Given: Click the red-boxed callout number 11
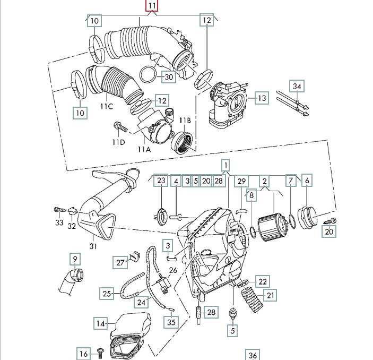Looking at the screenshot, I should point(152,7).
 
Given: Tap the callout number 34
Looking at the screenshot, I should point(297,86).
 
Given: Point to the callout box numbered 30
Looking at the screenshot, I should point(168,77).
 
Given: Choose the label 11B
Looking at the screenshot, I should point(184,120).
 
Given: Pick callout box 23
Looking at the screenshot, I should point(161,181).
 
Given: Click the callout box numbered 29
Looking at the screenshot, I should point(242,181).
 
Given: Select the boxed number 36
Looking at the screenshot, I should point(252,355).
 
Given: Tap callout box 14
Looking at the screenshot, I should point(101,322).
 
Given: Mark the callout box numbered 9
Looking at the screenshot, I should point(75,260).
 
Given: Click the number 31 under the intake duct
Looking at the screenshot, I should point(93,246).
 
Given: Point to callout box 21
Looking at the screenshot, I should point(271,295).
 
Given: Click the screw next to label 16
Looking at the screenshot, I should point(99,350).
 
